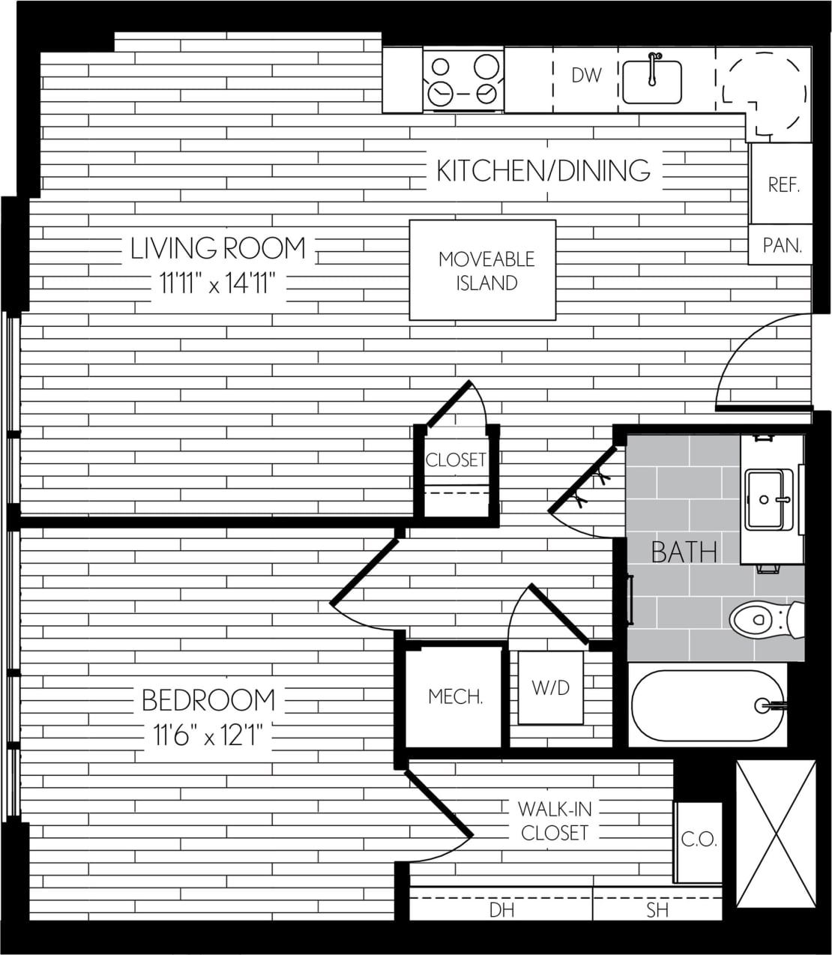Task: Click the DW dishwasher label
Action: [586, 75]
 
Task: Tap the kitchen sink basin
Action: [651, 82]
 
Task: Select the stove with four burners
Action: [463, 79]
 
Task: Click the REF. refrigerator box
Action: [783, 184]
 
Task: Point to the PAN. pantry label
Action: [782, 244]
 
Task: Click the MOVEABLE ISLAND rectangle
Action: [483, 270]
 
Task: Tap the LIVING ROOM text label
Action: [218, 248]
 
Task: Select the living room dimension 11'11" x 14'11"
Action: [218, 283]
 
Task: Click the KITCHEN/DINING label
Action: [543, 171]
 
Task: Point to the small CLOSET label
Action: [456, 460]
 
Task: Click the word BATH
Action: [684, 552]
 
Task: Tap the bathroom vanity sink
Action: [769, 497]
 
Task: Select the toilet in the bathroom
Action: [765, 619]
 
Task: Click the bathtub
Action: [708, 705]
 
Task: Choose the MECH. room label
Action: [455, 696]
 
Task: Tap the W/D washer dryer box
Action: [551, 687]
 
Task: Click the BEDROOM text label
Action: [208, 700]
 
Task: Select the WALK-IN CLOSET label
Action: [555, 821]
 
